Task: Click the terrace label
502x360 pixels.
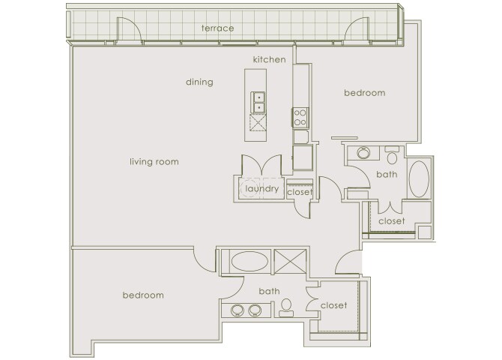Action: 217,28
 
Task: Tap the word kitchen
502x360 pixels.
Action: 269,59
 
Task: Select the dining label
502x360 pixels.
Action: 199,82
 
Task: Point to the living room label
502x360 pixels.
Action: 154,161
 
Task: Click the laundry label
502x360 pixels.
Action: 262,189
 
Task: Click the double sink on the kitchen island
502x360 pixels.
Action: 258,102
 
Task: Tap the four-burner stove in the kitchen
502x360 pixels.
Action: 300,117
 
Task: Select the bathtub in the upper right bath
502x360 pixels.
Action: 419,179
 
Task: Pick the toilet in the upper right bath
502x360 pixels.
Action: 392,155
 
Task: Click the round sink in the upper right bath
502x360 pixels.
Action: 363,153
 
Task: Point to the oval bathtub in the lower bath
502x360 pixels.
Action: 249,261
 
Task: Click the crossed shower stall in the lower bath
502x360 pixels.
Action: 291,261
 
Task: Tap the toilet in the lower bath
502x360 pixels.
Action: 286,308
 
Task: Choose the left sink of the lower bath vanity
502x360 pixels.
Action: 238,310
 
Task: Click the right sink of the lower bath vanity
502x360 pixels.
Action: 255,310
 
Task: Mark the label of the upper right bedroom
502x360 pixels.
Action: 365,93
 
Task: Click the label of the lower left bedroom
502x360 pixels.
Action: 143,295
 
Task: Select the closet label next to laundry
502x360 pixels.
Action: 300,192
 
